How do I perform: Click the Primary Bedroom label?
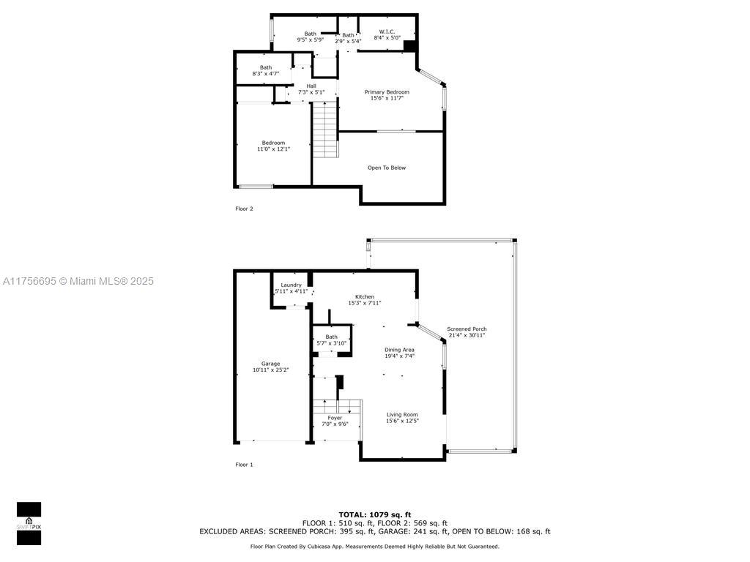pos(387,91)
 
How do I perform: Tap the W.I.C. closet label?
pos(387,31)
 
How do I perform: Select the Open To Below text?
pos(387,168)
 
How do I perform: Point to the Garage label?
pos(270,364)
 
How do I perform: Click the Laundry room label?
pos(291,285)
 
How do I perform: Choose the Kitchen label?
pos(365,297)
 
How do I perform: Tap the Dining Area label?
pos(399,350)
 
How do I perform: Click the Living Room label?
pos(402,415)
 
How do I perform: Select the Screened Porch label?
pos(467,329)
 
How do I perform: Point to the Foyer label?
pos(335,418)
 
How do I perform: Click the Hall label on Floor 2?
pos(311,86)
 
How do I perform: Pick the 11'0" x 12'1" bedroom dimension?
pos(274,149)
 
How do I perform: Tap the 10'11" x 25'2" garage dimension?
pos(271,370)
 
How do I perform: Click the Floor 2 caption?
pos(244,209)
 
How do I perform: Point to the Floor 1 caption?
pos(244,465)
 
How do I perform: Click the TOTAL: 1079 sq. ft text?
pos(375,514)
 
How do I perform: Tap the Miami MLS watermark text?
pos(78,281)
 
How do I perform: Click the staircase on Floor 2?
pos(326,129)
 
